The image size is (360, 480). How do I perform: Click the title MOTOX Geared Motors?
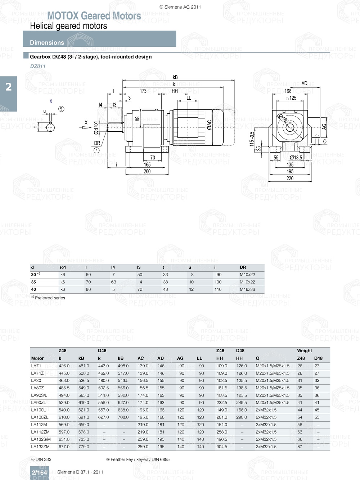[94, 16]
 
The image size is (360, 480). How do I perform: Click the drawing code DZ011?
[38, 66]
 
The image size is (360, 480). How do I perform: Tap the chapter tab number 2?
[8, 87]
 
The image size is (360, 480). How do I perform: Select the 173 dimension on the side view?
[143, 91]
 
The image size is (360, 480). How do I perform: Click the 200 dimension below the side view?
[147, 172]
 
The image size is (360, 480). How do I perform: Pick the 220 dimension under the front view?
[290, 178]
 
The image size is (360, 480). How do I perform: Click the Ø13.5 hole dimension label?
[296, 158]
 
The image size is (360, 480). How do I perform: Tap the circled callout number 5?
[61, 109]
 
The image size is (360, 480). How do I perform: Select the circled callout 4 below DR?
[96, 150]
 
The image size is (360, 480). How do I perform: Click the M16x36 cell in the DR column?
[247, 289]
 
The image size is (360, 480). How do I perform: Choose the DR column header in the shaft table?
[243, 267]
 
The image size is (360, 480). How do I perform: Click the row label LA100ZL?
[39, 417]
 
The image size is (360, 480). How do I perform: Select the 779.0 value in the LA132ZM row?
[84, 447]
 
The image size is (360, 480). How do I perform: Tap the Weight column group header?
[305, 350]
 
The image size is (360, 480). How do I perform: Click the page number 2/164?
[39, 472]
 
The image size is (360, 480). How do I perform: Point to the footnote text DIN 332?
[43, 459]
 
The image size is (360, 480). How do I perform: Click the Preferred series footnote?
[50, 298]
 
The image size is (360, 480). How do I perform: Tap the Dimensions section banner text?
[47, 42]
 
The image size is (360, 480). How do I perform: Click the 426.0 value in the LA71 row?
[64, 366]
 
